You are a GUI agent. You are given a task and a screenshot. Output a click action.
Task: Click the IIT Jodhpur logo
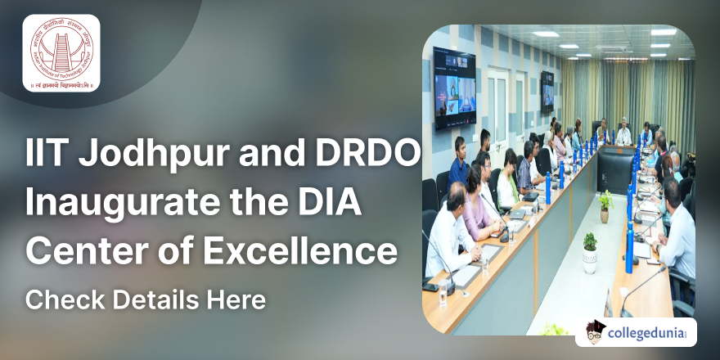coord(61,53)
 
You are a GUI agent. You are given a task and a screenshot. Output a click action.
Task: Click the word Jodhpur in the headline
coord(130,155)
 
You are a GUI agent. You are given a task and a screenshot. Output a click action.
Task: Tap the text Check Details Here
coord(146,300)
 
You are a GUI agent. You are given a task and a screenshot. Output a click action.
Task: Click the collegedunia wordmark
coord(652,334)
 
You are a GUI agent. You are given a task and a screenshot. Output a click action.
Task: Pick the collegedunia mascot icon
coord(596,333)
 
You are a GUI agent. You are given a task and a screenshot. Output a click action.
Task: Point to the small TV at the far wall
coord(547,87)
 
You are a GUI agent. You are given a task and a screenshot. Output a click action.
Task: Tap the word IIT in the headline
coord(46,155)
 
